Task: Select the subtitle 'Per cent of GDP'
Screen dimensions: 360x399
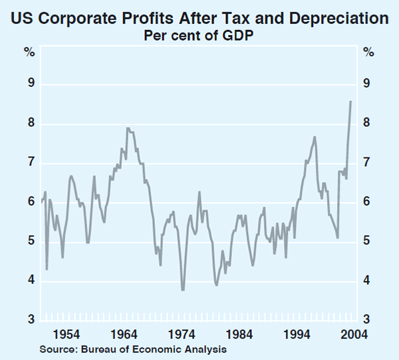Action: pos(199,36)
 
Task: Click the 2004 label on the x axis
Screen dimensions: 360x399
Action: pos(353,334)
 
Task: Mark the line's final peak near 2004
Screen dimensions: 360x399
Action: pos(351,102)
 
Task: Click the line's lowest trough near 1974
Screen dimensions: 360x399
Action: pos(182,290)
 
